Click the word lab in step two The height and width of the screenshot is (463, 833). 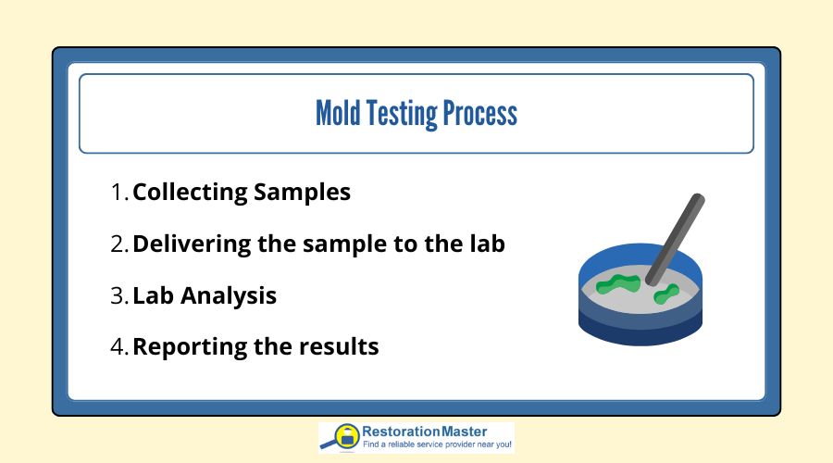[487, 244]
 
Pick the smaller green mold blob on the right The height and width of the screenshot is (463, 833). [666, 295]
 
